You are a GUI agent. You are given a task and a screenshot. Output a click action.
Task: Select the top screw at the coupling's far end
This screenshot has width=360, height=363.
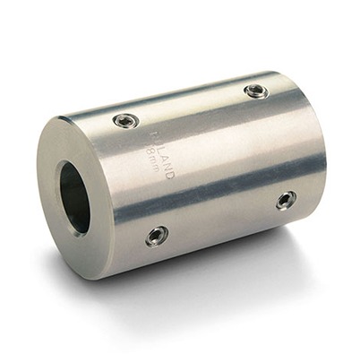point(255,91)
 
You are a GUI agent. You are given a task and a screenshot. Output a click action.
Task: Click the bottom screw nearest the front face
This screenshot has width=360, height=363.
point(156,236)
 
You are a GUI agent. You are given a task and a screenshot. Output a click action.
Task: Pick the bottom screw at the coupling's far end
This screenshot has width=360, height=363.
point(286,200)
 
